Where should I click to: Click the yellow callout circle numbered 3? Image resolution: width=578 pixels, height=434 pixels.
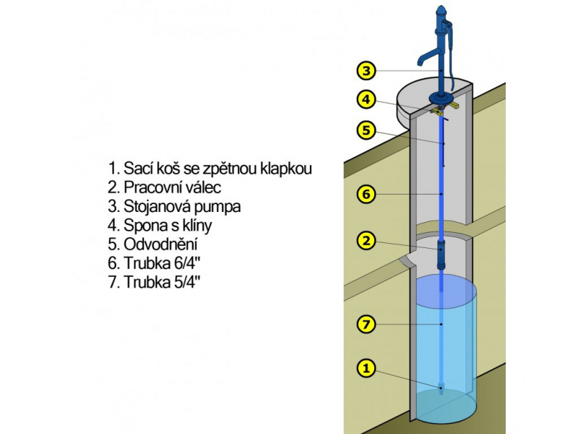[x=366, y=70]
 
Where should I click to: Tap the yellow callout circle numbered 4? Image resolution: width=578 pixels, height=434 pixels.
[x=366, y=99]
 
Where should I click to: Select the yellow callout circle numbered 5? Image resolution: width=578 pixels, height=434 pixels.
[x=366, y=130]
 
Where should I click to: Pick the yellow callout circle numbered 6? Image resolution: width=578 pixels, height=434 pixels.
[x=366, y=194]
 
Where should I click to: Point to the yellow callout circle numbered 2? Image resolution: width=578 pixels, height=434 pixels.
[x=366, y=240]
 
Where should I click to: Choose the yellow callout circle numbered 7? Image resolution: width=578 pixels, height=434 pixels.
[x=366, y=325]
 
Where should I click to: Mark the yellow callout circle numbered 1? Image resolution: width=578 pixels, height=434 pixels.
[x=366, y=368]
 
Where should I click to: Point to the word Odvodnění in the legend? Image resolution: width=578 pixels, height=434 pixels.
[x=156, y=244]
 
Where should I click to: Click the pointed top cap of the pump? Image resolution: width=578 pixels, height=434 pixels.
[x=440, y=11]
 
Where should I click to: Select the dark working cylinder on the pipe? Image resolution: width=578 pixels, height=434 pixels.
[x=441, y=255]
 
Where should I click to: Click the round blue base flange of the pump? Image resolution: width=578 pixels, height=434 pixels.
[x=441, y=98]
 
